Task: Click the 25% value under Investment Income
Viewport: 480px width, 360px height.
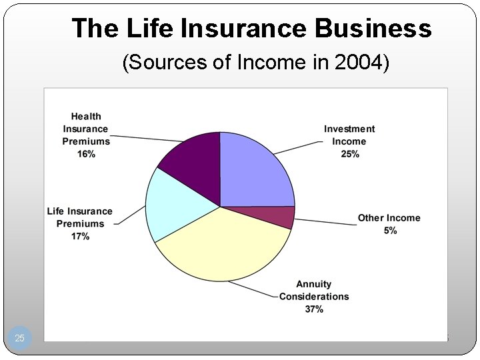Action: (x=349, y=154)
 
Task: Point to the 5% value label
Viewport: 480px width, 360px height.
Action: (x=390, y=231)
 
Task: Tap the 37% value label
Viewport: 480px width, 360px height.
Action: (x=313, y=309)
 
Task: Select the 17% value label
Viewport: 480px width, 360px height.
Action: (x=80, y=237)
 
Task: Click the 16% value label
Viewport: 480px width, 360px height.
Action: (x=86, y=154)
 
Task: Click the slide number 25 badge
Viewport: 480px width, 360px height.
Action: (x=19, y=338)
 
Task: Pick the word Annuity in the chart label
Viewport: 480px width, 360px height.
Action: (x=314, y=284)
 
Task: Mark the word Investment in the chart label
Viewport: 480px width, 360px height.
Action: (x=349, y=129)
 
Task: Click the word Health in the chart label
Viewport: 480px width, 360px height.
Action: (x=86, y=117)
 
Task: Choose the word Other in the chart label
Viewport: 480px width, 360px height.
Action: (x=371, y=218)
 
